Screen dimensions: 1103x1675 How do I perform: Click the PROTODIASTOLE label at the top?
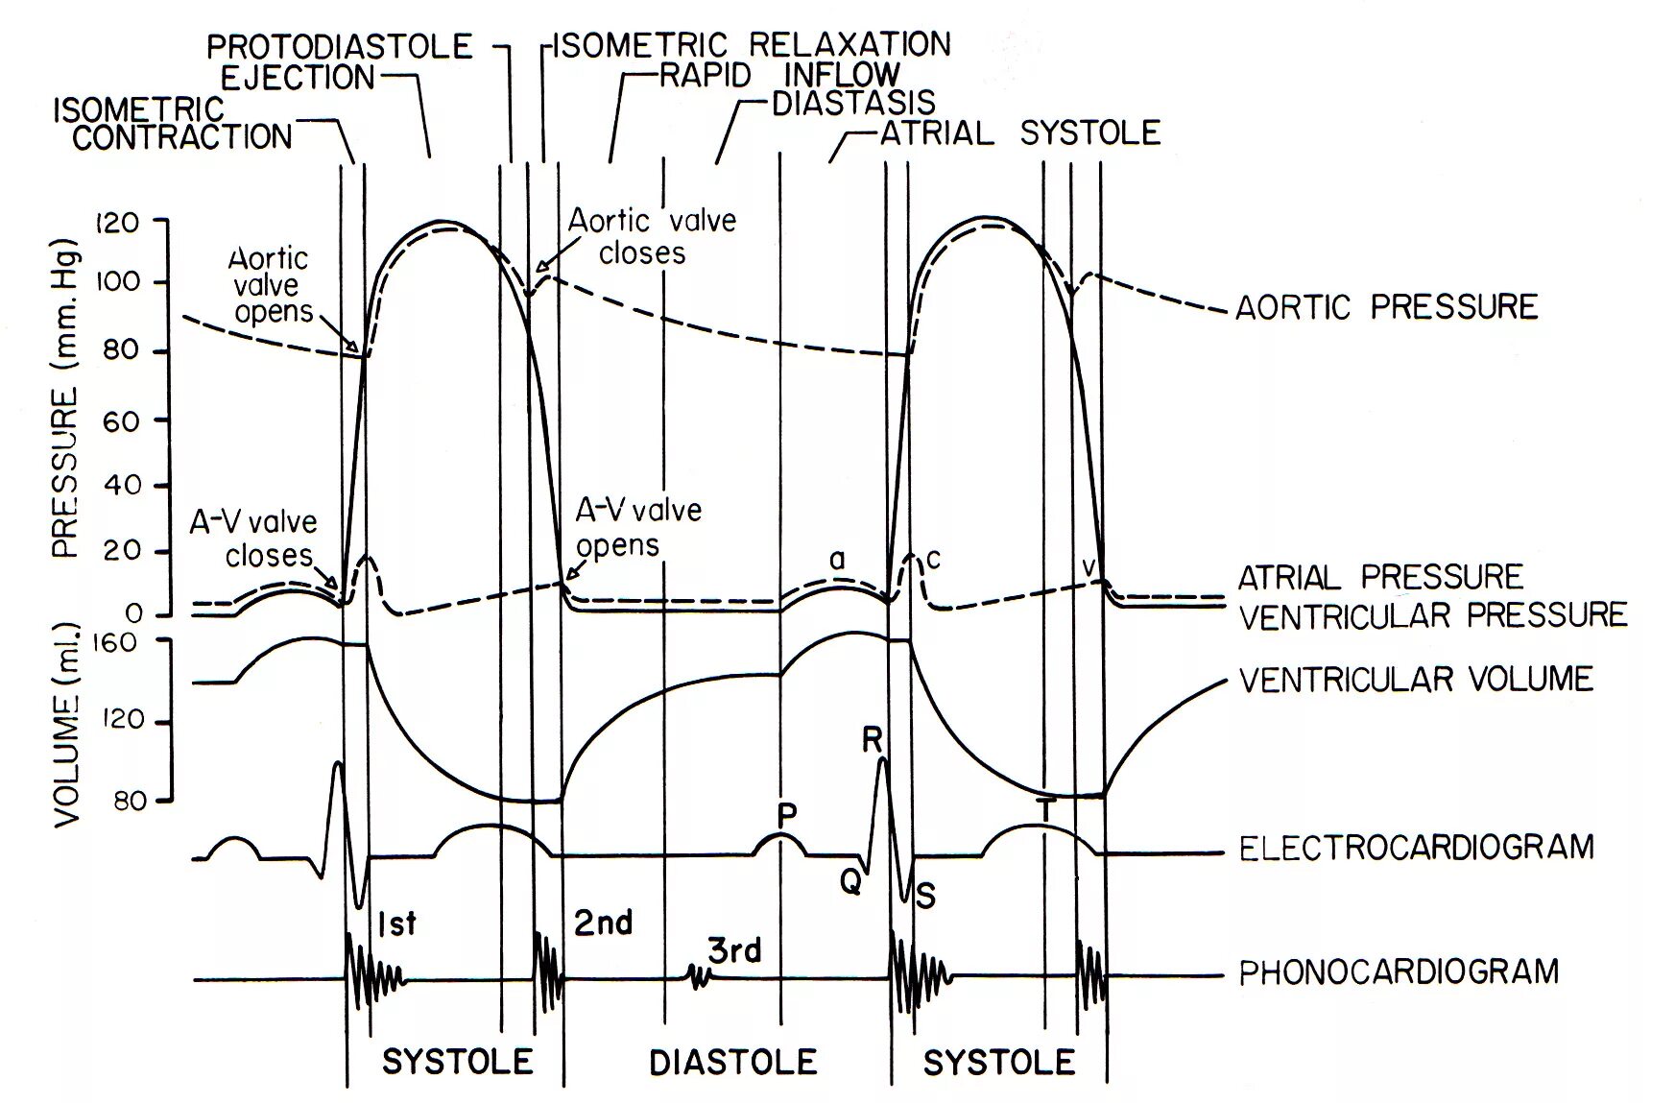pyautogui.click(x=340, y=46)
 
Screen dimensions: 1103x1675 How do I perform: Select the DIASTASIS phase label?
pyautogui.click(x=853, y=103)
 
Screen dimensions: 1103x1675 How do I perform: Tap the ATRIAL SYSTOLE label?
pyautogui.click(x=1020, y=132)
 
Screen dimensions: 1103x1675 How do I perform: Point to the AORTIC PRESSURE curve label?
pyautogui.click(x=1386, y=307)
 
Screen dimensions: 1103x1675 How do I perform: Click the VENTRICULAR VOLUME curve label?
pyautogui.click(x=1416, y=679)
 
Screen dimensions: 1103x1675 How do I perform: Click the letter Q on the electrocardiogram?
pyautogui.click(x=849, y=881)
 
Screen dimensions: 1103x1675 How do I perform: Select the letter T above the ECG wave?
pyautogui.click(x=1046, y=812)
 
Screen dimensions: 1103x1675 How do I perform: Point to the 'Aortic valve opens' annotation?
pyautogui.click(x=270, y=285)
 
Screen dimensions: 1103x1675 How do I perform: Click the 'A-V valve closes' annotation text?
pyautogui.click(x=254, y=539)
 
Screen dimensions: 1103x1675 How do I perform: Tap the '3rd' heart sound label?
pyautogui.click(x=734, y=950)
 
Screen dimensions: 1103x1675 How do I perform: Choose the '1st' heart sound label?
pyautogui.click(x=396, y=923)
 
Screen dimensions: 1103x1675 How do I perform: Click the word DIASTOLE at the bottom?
pyautogui.click(x=733, y=1062)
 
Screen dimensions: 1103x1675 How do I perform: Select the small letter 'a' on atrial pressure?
pyautogui.click(x=837, y=559)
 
